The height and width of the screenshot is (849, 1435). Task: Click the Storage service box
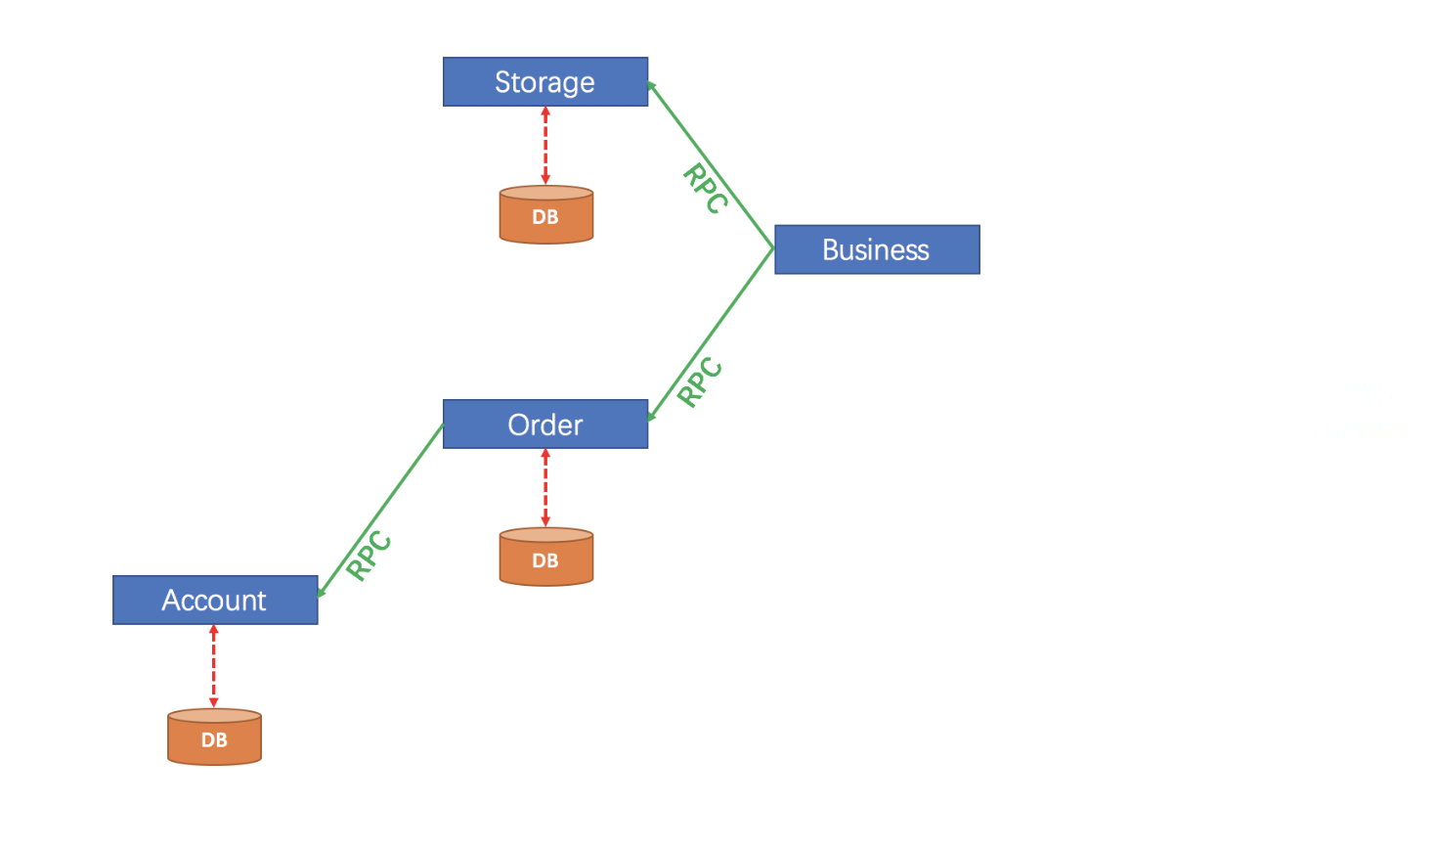tap(544, 82)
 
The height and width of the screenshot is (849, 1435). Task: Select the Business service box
tap(876, 250)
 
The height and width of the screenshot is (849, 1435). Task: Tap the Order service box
tap(544, 424)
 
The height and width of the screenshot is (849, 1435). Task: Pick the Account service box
tap(215, 601)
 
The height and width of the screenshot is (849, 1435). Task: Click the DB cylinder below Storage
tap(545, 215)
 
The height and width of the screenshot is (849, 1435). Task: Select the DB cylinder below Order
tap(545, 558)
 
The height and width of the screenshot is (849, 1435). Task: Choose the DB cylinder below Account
tap(214, 737)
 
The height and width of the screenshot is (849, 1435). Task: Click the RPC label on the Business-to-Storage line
tap(705, 188)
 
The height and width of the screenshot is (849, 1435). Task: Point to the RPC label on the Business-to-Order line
tap(700, 381)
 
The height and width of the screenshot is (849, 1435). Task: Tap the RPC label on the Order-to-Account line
tap(370, 556)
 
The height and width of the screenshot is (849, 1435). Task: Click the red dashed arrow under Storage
tap(545, 146)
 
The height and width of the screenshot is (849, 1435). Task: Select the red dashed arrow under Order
tap(545, 488)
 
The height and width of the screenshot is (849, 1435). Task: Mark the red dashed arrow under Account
tap(214, 666)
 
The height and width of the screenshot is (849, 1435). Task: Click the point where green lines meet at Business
tap(772, 248)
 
